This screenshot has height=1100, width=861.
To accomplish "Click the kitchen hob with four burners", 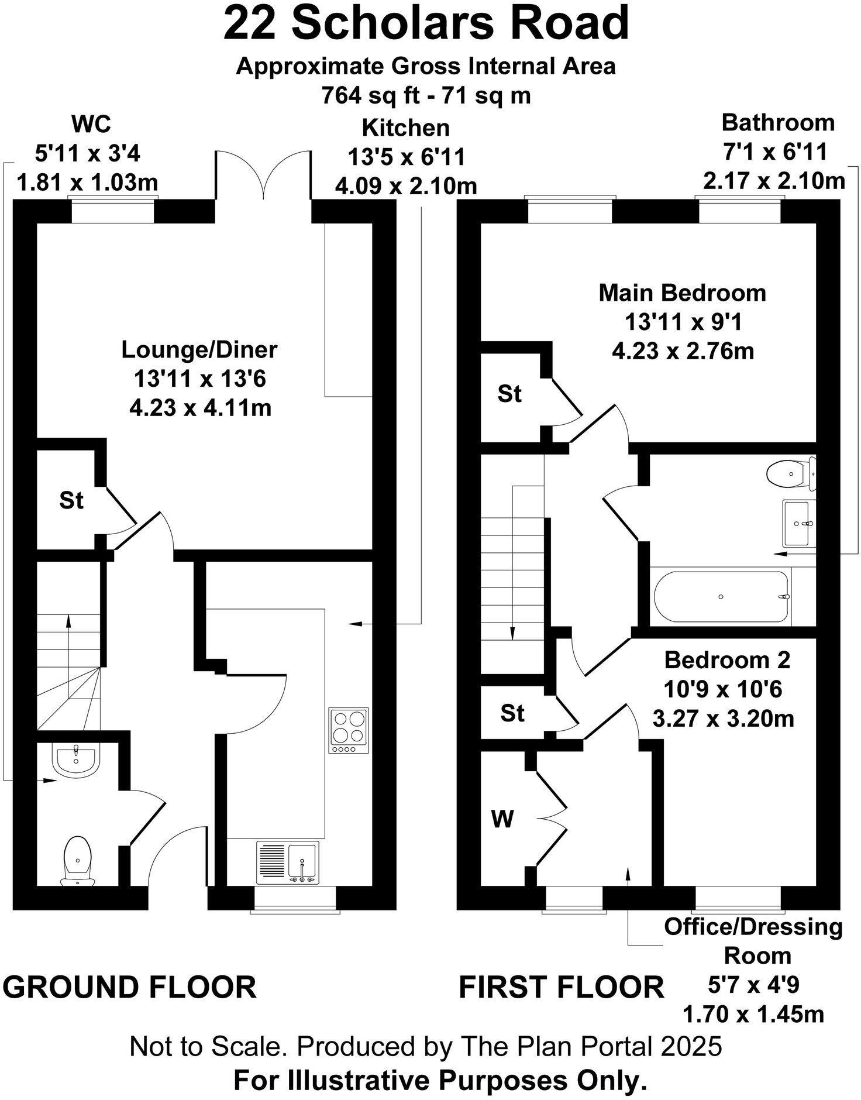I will (x=349, y=730).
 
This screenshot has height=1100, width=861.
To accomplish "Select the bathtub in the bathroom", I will (x=721, y=597).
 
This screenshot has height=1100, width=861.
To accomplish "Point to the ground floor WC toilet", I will (x=78, y=860).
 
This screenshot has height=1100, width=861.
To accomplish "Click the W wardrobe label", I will (x=502, y=820).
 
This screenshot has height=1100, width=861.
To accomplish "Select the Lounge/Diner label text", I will (x=199, y=350).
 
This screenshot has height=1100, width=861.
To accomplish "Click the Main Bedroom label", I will (x=682, y=293).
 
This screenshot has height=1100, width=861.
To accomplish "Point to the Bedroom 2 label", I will (x=727, y=660).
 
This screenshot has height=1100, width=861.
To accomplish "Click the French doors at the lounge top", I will (x=263, y=176).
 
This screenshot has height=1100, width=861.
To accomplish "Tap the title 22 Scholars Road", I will (x=426, y=23).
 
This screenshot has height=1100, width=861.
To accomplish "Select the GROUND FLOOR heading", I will (x=130, y=986).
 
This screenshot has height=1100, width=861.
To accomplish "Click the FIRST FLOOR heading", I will (x=561, y=986).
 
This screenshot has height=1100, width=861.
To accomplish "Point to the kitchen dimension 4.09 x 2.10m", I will (x=406, y=186).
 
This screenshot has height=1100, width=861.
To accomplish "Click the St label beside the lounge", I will (x=71, y=500).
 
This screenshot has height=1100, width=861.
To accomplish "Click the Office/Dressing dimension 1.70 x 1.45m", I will (x=753, y=1014).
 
